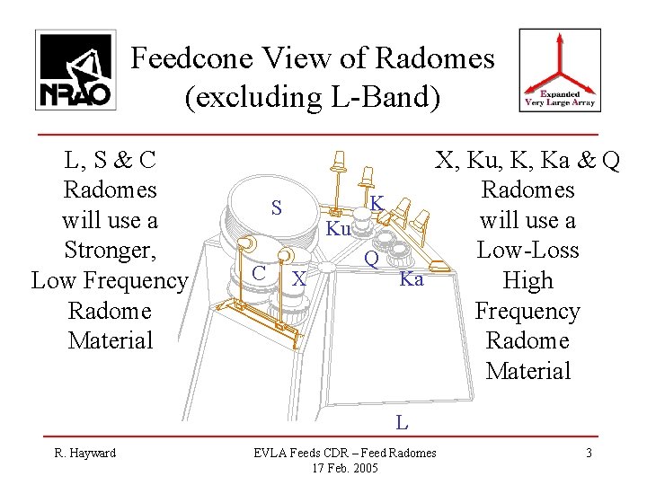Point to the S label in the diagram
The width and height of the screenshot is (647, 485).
tap(279, 208)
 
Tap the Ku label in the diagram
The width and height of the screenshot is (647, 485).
tap(338, 230)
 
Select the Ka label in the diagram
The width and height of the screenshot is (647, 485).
tap(411, 279)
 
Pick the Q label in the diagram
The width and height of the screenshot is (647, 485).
tap(370, 260)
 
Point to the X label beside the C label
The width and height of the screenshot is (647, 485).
tap(300, 279)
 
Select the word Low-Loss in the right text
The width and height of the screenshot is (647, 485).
tap(528, 251)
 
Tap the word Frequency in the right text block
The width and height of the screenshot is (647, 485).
tap(528, 311)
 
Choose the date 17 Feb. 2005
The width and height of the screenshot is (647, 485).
tap(344, 469)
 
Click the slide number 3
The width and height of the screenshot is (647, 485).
tap(589, 453)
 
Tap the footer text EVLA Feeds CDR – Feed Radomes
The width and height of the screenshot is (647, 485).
tap(344, 453)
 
